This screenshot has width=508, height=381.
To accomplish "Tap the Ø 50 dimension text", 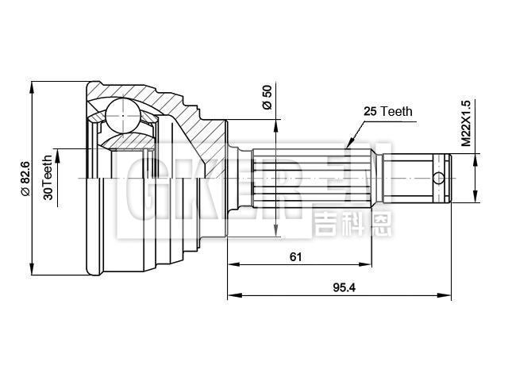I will coord(267,96).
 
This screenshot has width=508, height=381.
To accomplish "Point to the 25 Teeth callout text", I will coord(387,112).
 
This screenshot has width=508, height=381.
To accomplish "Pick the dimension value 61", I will coord(295,256).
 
